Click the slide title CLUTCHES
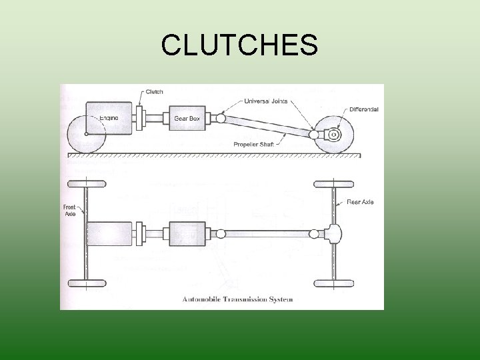[x=240, y=45]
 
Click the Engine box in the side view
[x=109, y=118]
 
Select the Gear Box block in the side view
[x=187, y=118]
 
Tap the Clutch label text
[x=154, y=92]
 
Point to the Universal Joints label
[x=266, y=101]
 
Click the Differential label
[x=364, y=109]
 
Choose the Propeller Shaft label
[x=254, y=145]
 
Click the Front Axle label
[x=70, y=211]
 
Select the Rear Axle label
[x=360, y=202]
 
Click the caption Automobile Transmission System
[x=237, y=299]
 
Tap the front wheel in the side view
[x=87, y=134]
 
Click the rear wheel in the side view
[x=334, y=135]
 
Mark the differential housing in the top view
[x=333, y=234]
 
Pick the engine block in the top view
[x=109, y=234]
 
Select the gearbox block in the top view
[x=187, y=234]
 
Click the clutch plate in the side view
[x=139, y=118]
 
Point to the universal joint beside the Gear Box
[x=221, y=118]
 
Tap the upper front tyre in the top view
[x=87, y=184]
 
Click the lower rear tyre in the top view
[x=334, y=283]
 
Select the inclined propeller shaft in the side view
[x=267, y=126]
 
